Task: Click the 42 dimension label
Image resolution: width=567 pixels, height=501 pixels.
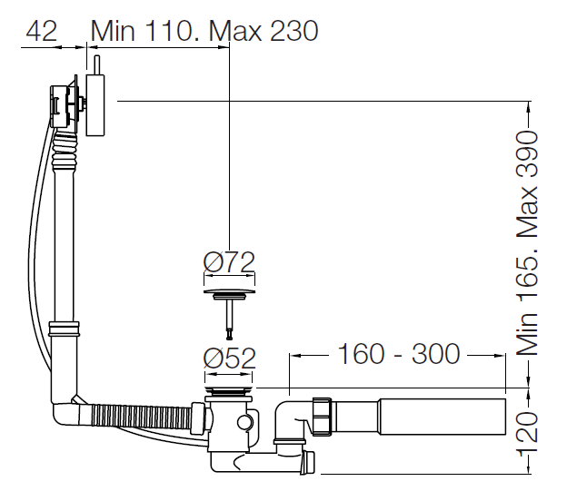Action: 42,31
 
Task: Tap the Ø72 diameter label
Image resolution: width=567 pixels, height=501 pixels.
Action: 229,262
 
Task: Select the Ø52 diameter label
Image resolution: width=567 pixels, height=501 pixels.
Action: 230,358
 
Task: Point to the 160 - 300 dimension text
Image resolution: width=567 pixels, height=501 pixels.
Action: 399,354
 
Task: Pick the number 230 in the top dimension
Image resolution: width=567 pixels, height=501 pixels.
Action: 293,31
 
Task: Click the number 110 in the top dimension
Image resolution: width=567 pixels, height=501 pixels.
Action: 167,31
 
